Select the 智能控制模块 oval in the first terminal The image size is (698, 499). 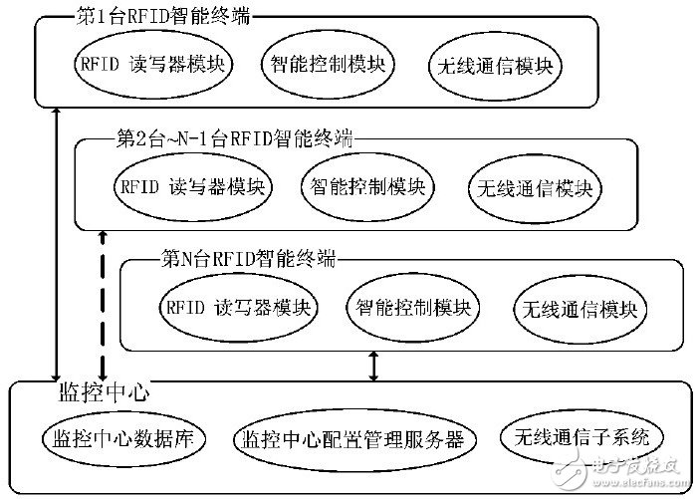(x=328, y=67)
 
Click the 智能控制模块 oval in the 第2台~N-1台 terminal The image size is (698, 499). (x=367, y=185)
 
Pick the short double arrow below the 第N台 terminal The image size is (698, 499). (x=373, y=365)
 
